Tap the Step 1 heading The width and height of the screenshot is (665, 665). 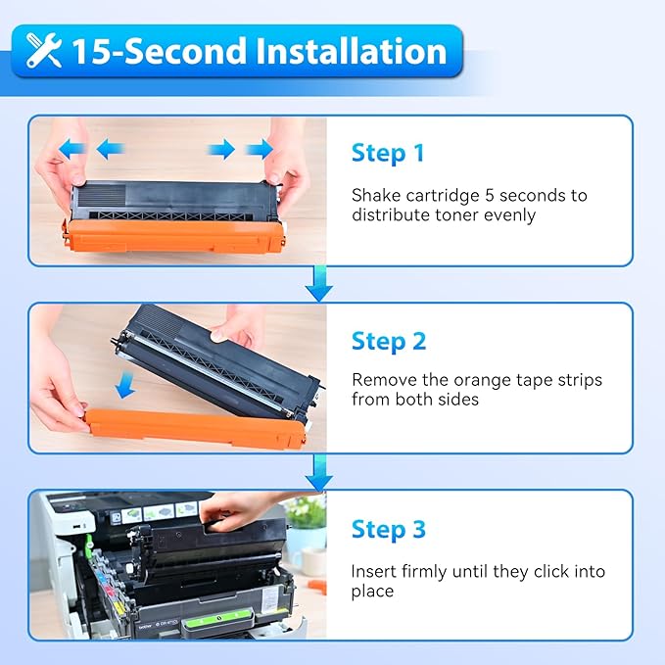coord(388,153)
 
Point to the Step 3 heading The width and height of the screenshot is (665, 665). coord(389,530)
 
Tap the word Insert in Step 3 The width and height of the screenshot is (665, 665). coord(375,571)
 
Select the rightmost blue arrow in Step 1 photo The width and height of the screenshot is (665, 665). coord(260,149)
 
